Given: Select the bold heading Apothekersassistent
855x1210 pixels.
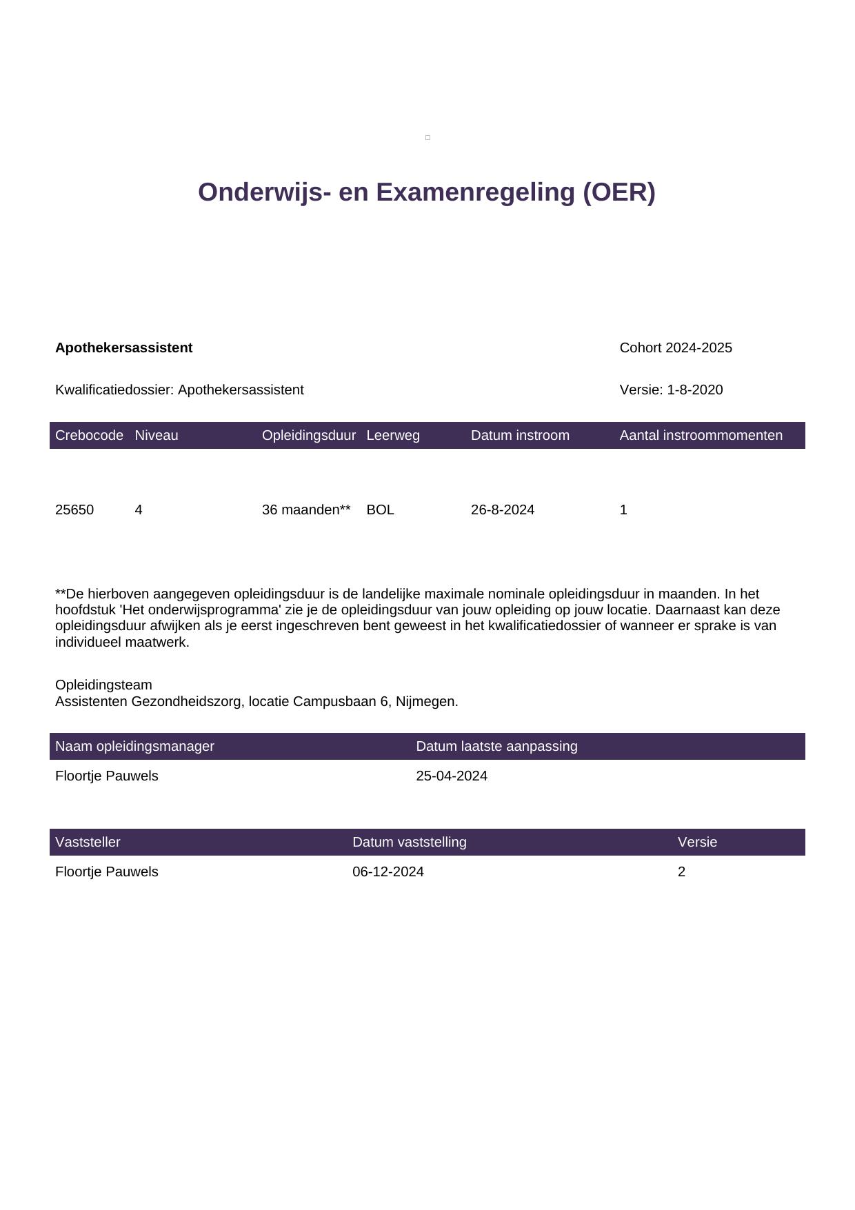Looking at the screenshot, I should click(x=123, y=348).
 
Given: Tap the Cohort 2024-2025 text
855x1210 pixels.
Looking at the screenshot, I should click(x=676, y=348).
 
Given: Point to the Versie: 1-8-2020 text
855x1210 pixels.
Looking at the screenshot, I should click(x=671, y=390).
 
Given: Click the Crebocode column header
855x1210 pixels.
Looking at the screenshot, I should click(x=89, y=436).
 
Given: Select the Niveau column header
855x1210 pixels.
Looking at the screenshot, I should click(x=157, y=436).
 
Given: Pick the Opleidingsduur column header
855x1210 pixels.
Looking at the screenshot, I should click(x=308, y=436).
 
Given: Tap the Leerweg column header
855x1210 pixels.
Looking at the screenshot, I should click(x=393, y=436).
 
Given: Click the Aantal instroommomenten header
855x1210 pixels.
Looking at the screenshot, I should click(x=701, y=436).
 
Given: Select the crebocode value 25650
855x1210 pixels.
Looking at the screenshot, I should click(x=74, y=510).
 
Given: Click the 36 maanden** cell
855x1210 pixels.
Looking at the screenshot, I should click(x=306, y=510).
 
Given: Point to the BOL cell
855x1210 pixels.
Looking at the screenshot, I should click(x=380, y=510).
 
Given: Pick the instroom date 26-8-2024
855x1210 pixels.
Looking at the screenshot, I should click(x=503, y=510).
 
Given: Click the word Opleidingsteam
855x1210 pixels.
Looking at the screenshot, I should click(x=103, y=685).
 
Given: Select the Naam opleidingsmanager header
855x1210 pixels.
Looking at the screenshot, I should click(x=134, y=747).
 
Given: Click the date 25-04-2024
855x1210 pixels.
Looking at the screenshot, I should click(x=452, y=776).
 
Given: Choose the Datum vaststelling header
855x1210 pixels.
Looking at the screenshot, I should click(x=410, y=843).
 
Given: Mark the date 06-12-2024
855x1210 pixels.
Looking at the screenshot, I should click(x=388, y=872).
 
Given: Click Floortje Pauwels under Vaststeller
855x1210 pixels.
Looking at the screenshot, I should click(x=107, y=872).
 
